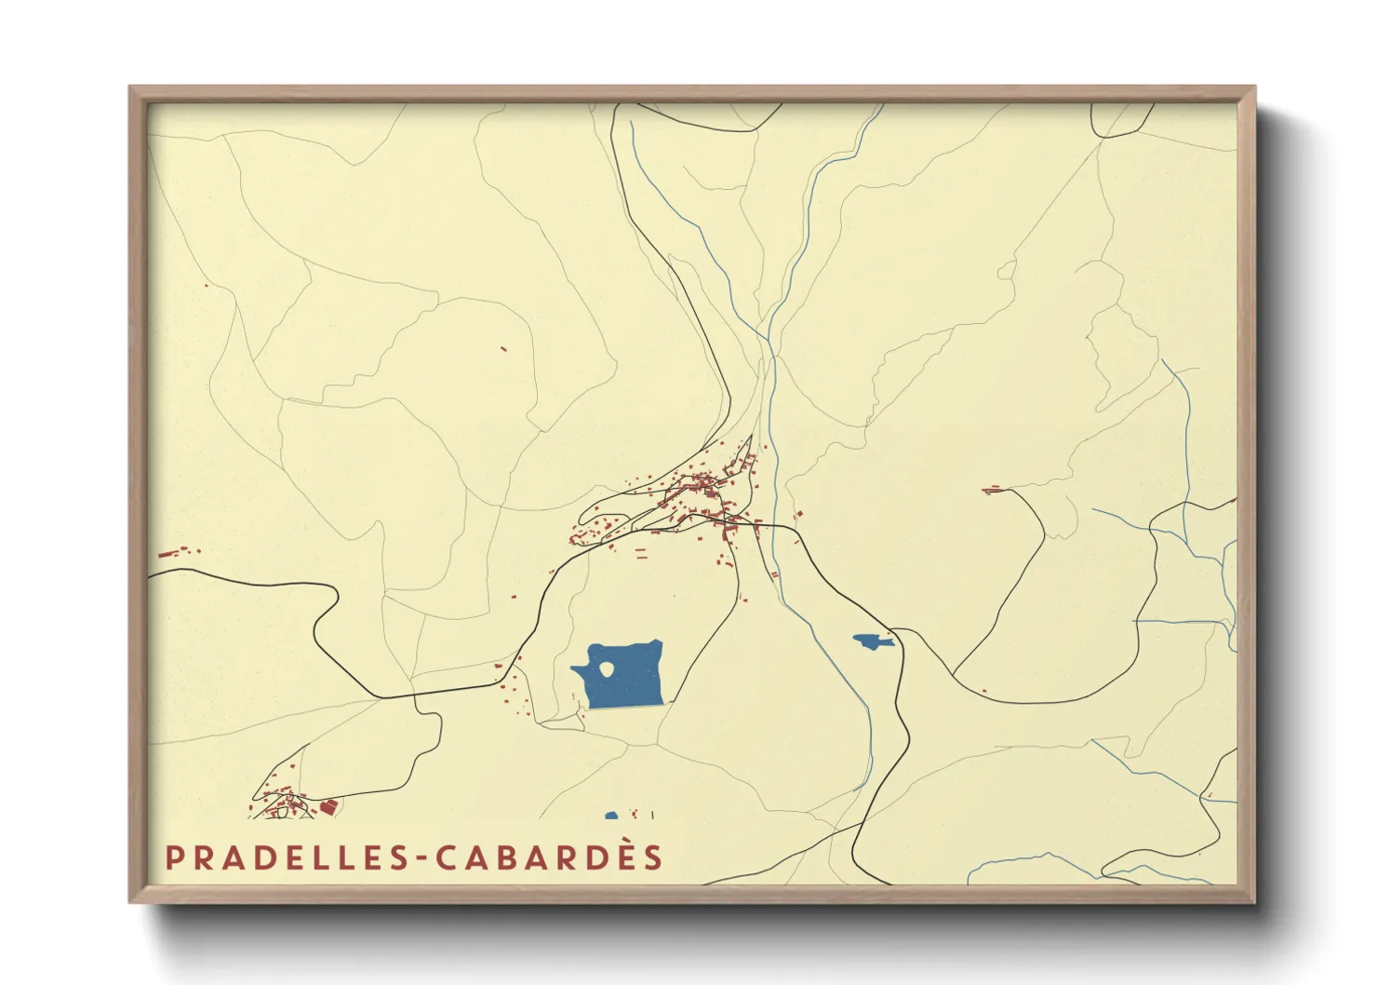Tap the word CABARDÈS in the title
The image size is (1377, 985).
point(550,857)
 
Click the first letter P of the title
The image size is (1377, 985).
point(173,857)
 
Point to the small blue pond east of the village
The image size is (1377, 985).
point(871,641)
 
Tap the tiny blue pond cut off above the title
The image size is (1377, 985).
point(611,816)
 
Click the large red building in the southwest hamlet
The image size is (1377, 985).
point(328,805)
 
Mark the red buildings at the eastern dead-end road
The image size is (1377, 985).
point(993,489)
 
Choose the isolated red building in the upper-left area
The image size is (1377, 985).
point(503,349)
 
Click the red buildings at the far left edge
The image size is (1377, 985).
point(171,553)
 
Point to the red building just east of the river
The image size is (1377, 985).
point(796,514)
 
